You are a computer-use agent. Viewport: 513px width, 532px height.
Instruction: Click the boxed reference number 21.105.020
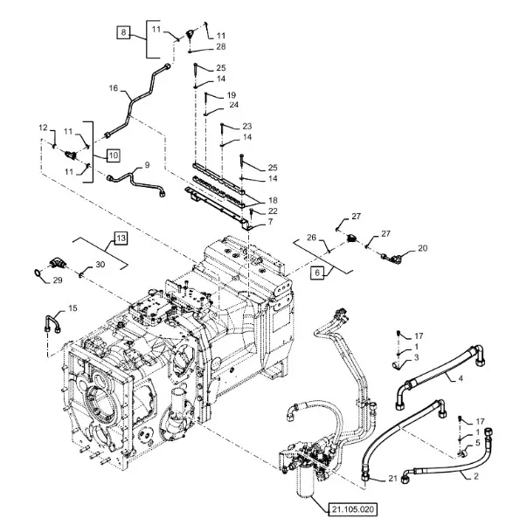click(352, 509)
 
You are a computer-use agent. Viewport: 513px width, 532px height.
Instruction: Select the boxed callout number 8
click(123, 32)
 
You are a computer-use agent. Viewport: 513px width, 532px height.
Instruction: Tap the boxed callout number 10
click(114, 155)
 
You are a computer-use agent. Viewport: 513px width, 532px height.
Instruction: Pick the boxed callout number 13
click(121, 238)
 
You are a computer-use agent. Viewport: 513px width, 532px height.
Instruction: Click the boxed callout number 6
click(317, 273)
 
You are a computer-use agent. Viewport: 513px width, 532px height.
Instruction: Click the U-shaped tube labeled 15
click(52, 324)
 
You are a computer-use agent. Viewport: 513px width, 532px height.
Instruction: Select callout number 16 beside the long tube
click(114, 88)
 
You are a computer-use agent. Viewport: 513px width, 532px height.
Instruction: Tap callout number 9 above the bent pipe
click(147, 165)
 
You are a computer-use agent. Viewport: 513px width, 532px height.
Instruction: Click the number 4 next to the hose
click(461, 377)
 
